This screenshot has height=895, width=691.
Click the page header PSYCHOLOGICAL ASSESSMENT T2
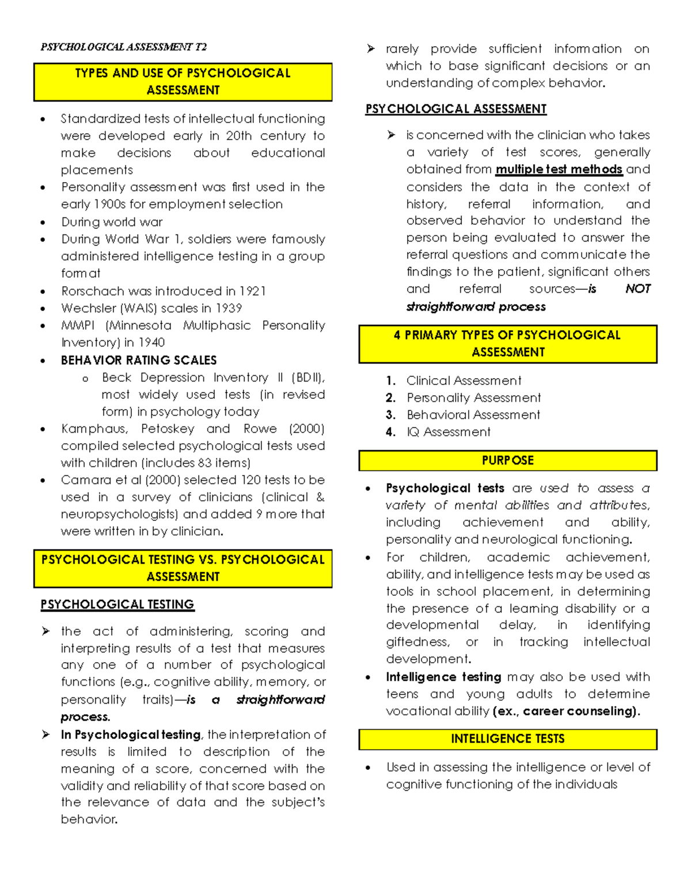point(123,47)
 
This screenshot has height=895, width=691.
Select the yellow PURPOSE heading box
point(507,460)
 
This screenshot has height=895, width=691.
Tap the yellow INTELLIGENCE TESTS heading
point(507,739)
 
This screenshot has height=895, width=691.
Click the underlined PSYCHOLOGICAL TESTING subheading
point(117,604)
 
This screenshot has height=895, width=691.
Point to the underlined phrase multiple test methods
point(559,169)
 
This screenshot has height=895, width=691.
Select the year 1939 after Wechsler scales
point(229,308)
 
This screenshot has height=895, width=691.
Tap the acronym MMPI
point(78,326)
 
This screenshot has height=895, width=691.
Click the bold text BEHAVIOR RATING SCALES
point(139,360)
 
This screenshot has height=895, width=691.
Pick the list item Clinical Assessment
point(464,381)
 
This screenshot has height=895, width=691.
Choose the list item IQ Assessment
point(448,432)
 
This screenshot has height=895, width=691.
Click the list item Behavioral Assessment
point(473,415)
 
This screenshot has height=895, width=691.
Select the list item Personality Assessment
point(473,398)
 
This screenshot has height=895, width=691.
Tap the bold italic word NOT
point(637,289)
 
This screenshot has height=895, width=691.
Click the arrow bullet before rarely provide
point(371,49)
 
